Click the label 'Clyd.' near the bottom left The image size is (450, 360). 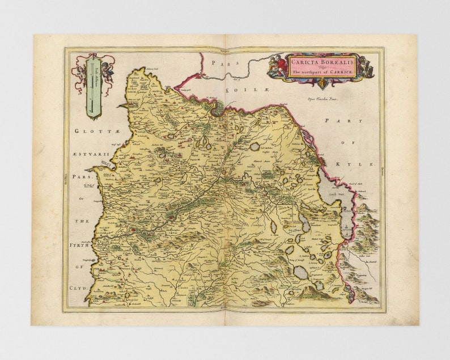tap(79, 287)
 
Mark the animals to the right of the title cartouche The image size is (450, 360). tap(366, 67)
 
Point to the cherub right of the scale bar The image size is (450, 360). tap(108, 71)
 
